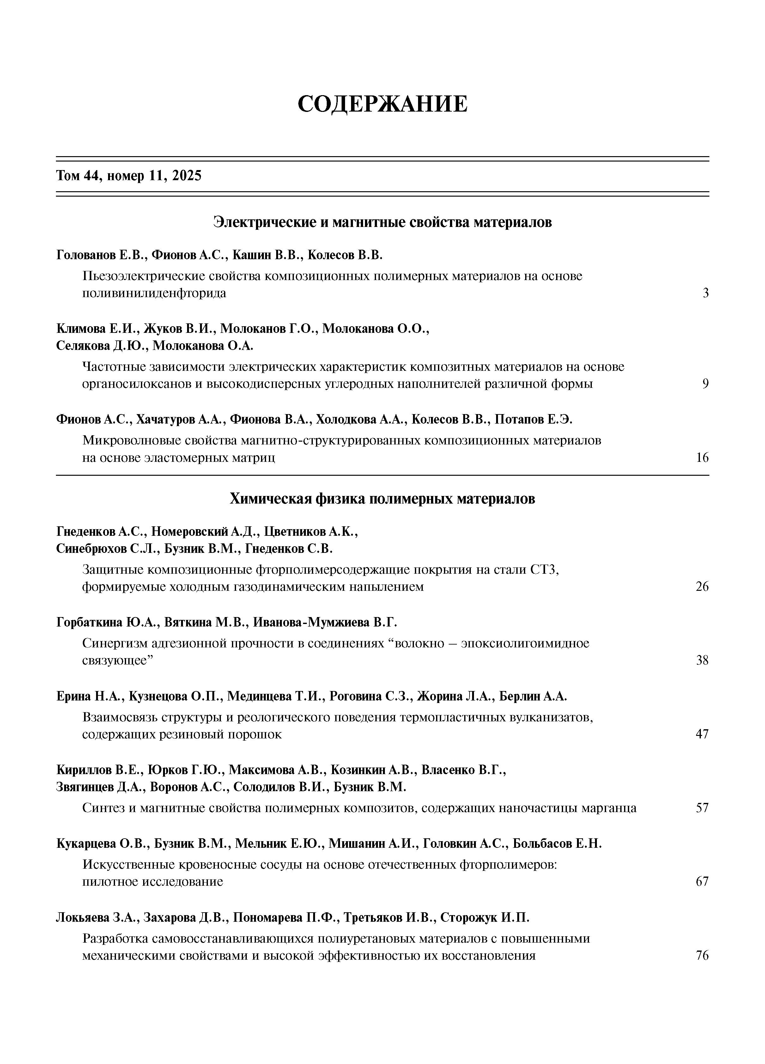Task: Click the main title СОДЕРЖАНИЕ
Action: [382, 104]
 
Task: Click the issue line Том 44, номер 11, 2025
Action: [129, 176]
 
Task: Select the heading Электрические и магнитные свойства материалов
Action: [382, 222]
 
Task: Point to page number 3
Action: [705, 293]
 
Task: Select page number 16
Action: [702, 457]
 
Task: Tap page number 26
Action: [702, 586]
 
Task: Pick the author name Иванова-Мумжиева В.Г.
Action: [325, 622]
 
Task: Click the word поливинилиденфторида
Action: [154, 293]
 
